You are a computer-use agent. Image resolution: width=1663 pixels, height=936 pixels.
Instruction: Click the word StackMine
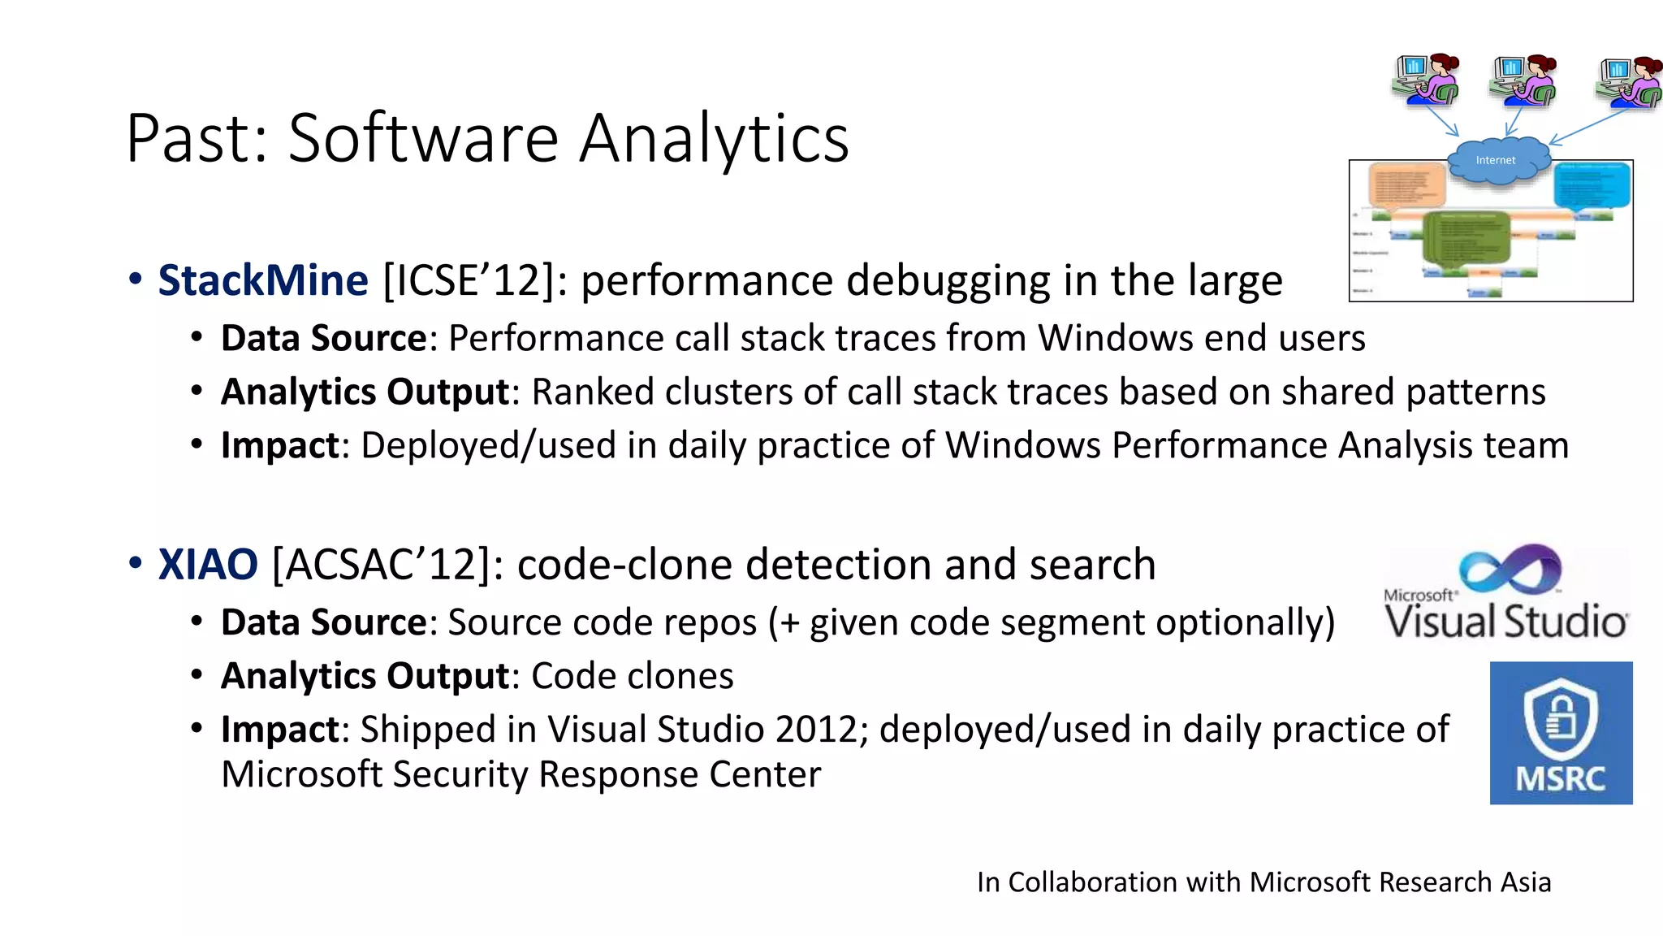coord(262,280)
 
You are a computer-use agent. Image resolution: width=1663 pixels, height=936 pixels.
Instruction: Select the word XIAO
coord(208,565)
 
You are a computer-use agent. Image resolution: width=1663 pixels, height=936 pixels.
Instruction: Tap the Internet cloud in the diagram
coord(1495,160)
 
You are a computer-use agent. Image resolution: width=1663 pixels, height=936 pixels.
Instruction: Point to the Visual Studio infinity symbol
coord(1510,568)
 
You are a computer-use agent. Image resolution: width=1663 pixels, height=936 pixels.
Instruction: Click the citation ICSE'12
coord(469,280)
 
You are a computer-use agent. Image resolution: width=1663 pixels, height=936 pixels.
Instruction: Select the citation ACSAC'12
coord(382,565)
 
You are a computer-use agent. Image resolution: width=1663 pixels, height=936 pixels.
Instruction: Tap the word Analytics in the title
coord(714,138)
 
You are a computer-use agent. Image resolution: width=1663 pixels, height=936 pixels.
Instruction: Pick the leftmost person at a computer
coord(1427,80)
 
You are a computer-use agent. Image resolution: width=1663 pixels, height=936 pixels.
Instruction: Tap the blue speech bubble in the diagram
coord(1592,185)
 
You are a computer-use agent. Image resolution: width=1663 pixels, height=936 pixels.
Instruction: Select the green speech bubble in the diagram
coord(1466,238)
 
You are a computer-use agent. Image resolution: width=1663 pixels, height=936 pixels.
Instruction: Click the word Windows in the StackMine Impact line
coord(1022,445)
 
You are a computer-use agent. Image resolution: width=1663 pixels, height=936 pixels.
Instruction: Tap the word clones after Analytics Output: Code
coord(685,676)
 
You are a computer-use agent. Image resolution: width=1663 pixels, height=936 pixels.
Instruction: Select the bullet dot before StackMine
coord(135,279)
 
